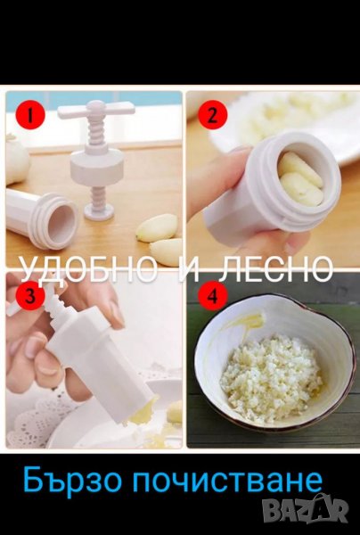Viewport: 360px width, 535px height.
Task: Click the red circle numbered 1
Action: pos(30,115)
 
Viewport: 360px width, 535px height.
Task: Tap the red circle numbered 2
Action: pos(212,115)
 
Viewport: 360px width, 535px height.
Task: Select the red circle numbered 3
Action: pos(30,295)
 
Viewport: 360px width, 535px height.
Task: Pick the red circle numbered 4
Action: pos(212,295)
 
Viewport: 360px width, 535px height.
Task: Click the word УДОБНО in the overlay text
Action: pos(86,268)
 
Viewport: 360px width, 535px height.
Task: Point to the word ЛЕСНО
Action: pos(275,268)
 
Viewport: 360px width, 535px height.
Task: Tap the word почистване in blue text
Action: pos(227,481)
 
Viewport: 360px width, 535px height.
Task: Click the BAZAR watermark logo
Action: pos(306,510)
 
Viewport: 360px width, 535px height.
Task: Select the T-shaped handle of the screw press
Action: pos(96,110)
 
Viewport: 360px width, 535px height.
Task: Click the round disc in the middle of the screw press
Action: pos(97,166)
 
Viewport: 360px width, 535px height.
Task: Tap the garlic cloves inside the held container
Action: pos(300,179)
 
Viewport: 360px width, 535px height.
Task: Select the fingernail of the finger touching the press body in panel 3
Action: pos(116,313)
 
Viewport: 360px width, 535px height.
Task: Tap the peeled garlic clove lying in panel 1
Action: pos(157,227)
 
